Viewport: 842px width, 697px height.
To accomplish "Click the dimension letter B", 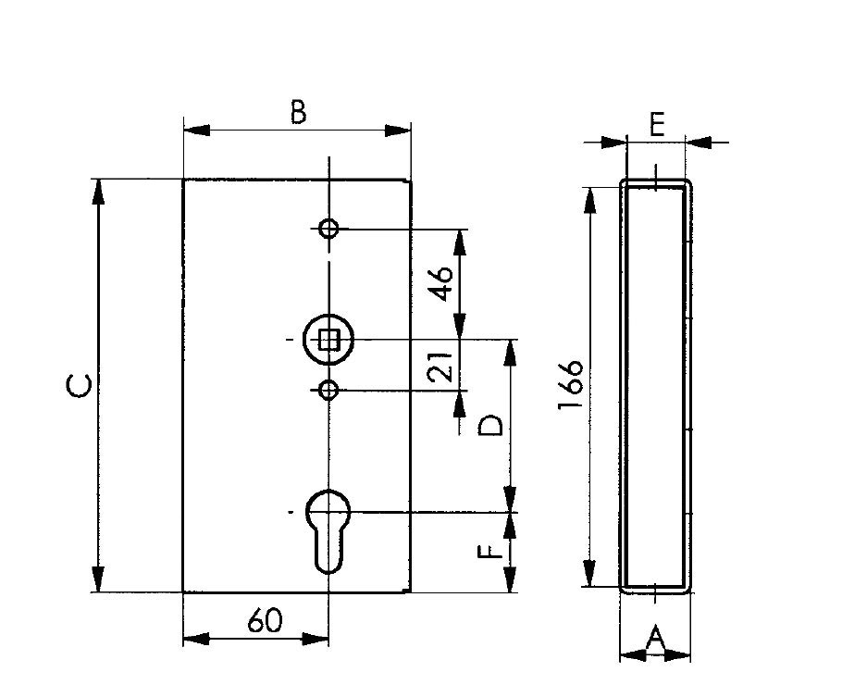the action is (298, 112).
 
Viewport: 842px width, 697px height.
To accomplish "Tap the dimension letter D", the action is (490, 425).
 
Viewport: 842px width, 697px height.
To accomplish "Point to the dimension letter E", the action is (657, 125).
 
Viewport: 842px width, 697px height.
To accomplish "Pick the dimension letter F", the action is (490, 552).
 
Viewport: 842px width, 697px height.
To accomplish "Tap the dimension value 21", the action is (441, 367).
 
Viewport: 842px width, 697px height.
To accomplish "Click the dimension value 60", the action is (266, 621).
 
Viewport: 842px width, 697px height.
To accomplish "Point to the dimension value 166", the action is (570, 385).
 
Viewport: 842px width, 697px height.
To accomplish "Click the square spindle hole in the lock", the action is (328, 341).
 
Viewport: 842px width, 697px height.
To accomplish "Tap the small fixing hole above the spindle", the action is (328, 229).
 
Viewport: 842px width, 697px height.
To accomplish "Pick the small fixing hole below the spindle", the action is (328, 390).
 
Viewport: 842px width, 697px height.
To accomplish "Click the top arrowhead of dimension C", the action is (98, 192).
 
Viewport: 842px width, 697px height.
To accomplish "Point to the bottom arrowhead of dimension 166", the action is (589, 573).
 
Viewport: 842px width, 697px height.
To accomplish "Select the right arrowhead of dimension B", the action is (398, 131).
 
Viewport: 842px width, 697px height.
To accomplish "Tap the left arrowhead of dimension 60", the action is (196, 640).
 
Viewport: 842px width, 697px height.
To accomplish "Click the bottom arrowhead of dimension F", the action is (510, 579).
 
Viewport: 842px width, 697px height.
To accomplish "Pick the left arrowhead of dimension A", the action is (633, 655).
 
